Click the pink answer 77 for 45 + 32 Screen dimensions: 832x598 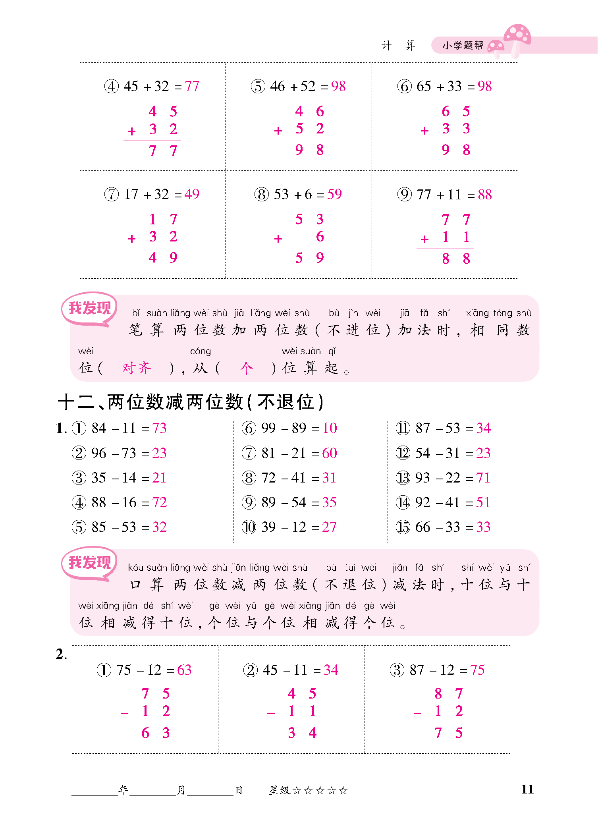tap(192, 86)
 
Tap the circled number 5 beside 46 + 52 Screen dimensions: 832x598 tap(258, 86)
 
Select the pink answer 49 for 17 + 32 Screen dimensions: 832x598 tap(192, 194)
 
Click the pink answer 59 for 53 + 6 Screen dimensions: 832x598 tap(334, 194)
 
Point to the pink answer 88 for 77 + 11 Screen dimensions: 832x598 tap(485, 195)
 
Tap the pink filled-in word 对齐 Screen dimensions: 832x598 tap(136, 368)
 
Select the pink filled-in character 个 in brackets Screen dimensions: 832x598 tap(246, 368)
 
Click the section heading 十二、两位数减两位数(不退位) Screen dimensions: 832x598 tap(191, 402)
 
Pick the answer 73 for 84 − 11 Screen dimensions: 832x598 tap(159, 428)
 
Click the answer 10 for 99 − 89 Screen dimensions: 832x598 tap(330, 428)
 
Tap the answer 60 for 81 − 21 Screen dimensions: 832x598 tap(330, 453)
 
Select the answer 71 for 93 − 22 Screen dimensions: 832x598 tap(483, 478)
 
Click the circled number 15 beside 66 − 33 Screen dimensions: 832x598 tap(403, 527)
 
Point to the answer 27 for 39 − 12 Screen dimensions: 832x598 tap(329, 527)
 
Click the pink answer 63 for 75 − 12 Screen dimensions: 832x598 tap(184, 670)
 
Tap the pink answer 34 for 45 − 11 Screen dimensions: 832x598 tap(331, 670)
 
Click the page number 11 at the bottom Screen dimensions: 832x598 tap(527, 789)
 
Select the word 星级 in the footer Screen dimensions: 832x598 tap(280, 790)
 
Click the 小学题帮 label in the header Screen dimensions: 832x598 tap(463, 46)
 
